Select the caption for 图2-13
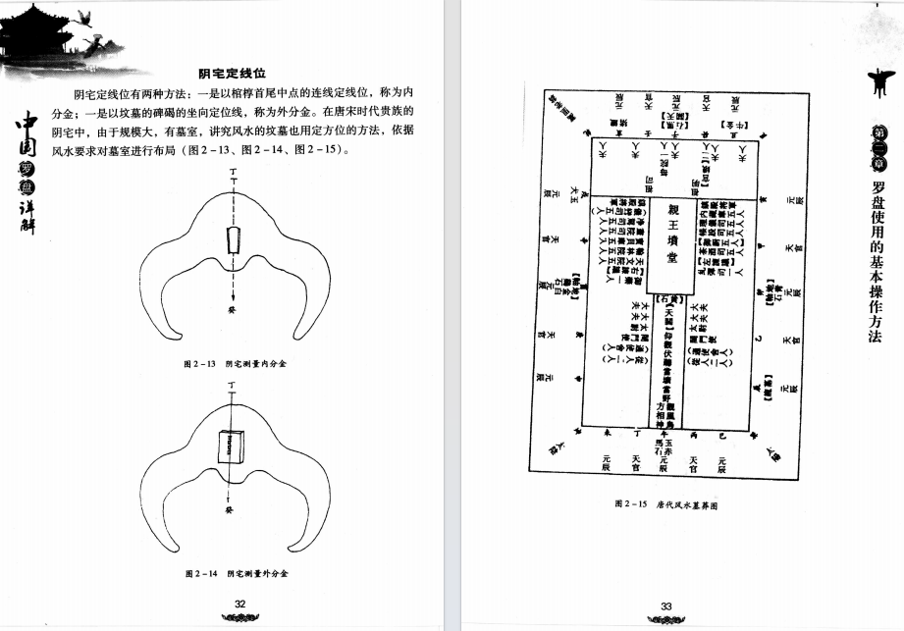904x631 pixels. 240,363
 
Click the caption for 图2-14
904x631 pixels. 240,572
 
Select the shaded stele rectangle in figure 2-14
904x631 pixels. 231,447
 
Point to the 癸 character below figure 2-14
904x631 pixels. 228,511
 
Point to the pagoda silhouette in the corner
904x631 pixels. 39,34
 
